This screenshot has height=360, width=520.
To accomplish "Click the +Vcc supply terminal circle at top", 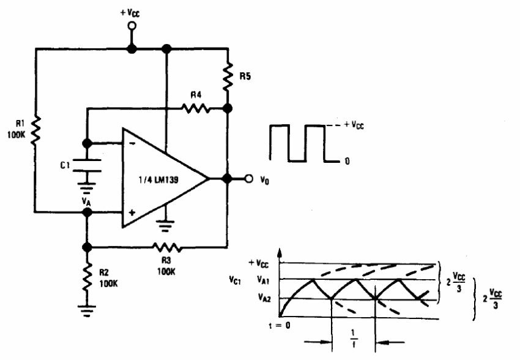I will coord(130,26).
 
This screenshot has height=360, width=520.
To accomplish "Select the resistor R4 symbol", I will coord(196,109).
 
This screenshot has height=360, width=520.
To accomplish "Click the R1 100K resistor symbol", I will coord(36,130).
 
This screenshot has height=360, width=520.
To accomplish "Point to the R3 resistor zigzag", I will coord(166,247).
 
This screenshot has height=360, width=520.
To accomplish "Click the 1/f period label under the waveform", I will coord(353,340).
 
